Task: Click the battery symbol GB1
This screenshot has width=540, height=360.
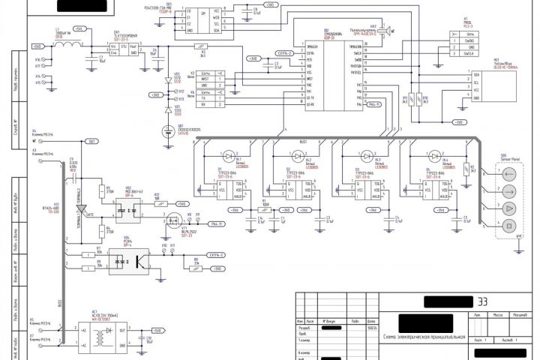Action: [x=167, y=132]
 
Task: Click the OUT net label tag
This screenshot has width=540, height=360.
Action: [x=91, y=141]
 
